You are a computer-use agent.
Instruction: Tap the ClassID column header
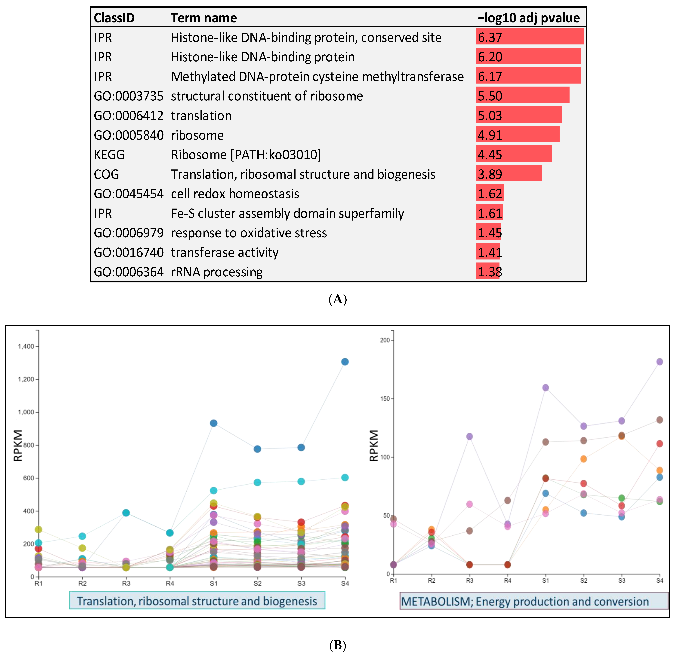click(x=114, y=18)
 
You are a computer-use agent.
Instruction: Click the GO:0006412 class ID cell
click(x=128, y=116)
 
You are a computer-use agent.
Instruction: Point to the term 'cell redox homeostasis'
click(x=235, y=194)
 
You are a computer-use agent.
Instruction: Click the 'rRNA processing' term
click(x=217, y=272)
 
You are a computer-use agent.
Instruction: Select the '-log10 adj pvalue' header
click(x=529, y=18)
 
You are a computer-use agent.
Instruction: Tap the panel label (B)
click(x=337, y=645)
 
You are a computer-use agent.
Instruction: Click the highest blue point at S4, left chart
click(x=345, y=362)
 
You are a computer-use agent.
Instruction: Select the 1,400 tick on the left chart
click(x=26, y=346)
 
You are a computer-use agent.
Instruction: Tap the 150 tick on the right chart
click(x=385, y=399)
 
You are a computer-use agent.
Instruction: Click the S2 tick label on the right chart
click(x=583, y=581)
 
